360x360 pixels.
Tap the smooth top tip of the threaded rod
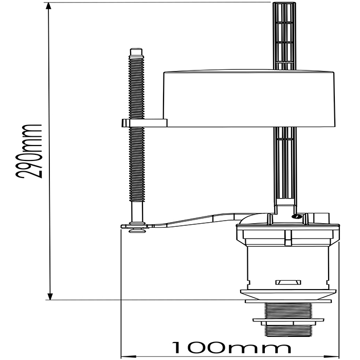pos(136,51)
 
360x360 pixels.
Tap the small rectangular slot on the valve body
pos(288,282)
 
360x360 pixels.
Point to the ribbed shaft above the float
pos(283,36)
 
